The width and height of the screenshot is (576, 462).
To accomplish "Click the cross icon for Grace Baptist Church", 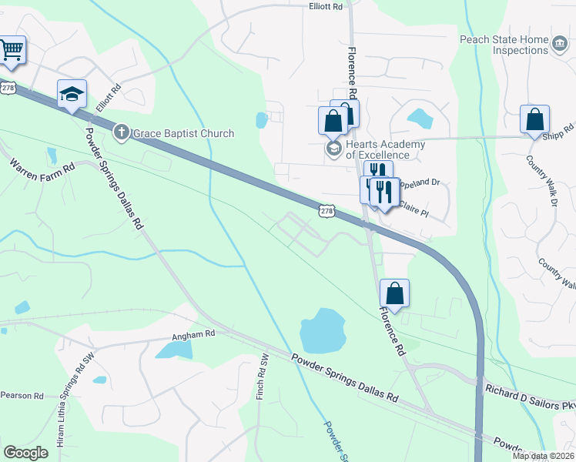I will [122, 132].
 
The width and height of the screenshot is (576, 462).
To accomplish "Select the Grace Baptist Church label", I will [183, 133].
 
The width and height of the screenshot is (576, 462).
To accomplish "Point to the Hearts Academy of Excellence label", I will [385, 149].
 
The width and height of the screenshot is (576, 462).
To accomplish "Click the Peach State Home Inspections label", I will [504, 45].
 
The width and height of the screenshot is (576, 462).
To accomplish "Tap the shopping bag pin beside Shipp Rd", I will [534, 120].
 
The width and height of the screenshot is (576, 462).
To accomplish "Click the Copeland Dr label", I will [420, 183].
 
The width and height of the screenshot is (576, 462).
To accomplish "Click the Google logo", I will [26, 453].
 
